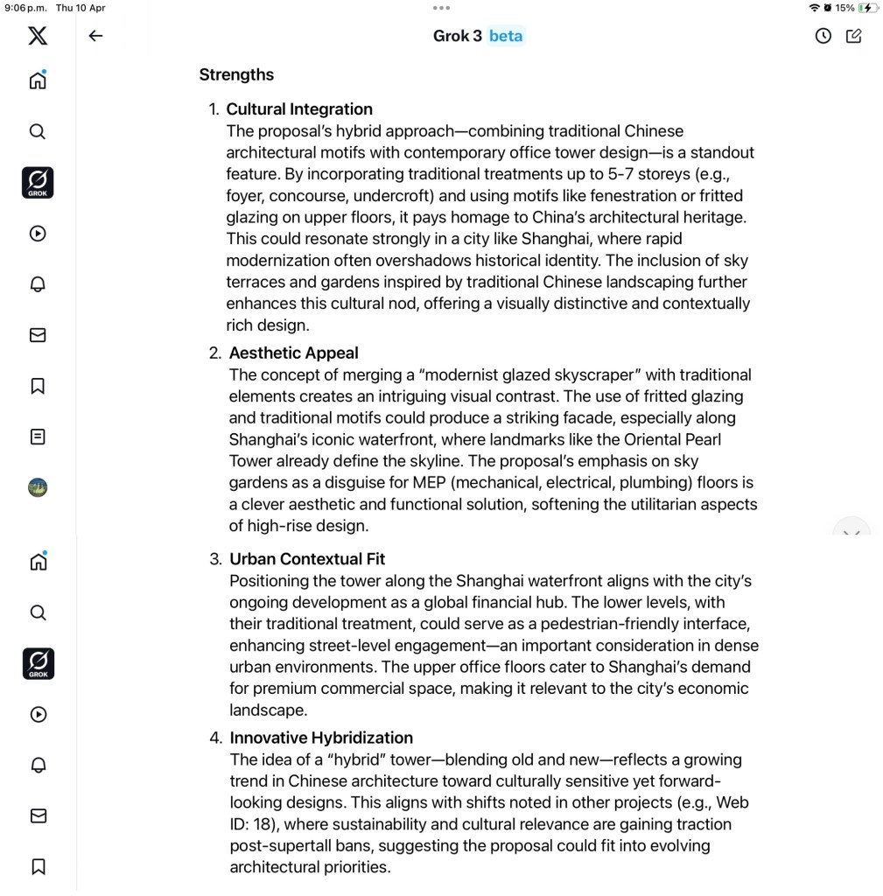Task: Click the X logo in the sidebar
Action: click(x=38, y=36)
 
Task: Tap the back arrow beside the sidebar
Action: click(x=96, y=36)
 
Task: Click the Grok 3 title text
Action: click(x=457, y=36)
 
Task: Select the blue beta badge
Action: click(x=506, y=36)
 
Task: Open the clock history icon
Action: click(x=823, y=36)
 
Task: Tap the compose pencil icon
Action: click(x=854, y=36)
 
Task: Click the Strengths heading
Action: click(x=236, y=74)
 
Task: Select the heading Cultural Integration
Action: click(x=299, y=109)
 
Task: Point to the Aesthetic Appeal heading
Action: click(x=293, y=353)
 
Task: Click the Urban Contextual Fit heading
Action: click(x=307, y=559)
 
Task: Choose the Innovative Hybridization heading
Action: click(x=321, y=738)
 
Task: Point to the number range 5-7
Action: click(x=627, y=174)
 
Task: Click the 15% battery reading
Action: click(x=844, y=8)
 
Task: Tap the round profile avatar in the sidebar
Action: click(x=38, y=487)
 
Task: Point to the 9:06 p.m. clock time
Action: click(x=24, y=8)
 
